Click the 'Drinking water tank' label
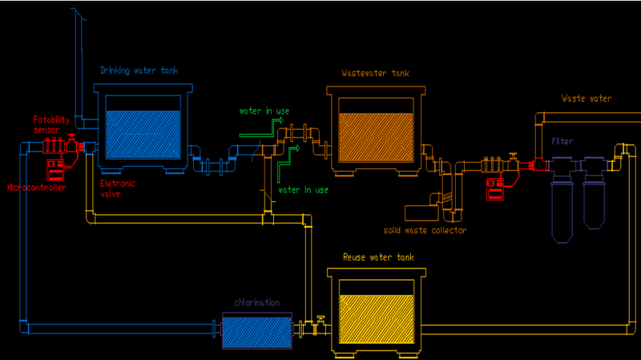(139, 71)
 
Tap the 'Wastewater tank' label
(376, 74)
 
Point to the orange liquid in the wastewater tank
(376, 136)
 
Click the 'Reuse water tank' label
(378, 257)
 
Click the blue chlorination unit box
(256, 330)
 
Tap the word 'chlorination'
(256, 303)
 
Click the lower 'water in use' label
(303, 190)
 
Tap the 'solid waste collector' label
(425, 231)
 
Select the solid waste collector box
(421, 212)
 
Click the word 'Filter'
(563, 141)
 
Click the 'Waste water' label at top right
(587, 99)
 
